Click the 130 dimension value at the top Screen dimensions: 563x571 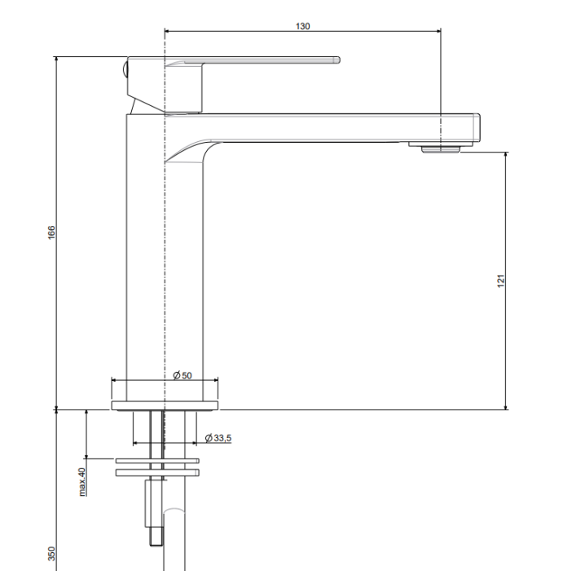pos(302,26)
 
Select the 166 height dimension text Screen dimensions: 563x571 pos(51,232)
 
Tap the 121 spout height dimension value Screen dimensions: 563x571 pos(501,281)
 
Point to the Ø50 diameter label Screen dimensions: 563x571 pos(183,375)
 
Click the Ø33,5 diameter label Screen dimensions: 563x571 pos(218,438)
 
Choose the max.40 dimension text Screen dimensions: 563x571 pos(82,482)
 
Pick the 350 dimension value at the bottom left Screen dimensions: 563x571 pos(51,554)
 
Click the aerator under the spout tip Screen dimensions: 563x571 pos(441,149)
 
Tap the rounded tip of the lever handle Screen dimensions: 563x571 pos(337,60)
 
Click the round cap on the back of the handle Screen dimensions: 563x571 pos(125,69)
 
